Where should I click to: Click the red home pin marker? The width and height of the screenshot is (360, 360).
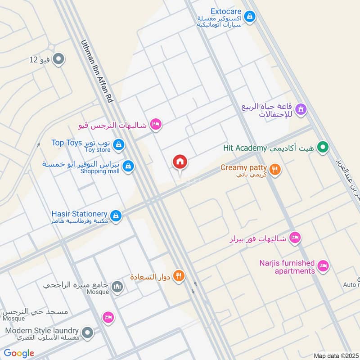pos(180,162)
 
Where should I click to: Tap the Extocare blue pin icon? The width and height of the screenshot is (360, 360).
pos(250,18)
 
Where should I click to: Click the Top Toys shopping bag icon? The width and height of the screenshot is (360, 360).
pos(118,144)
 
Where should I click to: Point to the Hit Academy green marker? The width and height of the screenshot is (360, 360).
pos(322,147)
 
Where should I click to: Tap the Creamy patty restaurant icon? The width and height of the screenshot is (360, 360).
pos(275,169)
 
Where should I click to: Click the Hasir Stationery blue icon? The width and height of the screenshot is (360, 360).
pos(116,216)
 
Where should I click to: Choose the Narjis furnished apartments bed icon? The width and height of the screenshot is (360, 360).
pos(323,266)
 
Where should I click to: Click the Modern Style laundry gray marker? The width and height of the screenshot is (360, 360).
pos(88,333)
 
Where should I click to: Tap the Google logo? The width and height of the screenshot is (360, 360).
pos(19,353)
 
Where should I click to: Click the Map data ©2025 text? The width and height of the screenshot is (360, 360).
pos(336,355)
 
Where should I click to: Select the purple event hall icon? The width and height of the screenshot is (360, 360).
pos(301,108)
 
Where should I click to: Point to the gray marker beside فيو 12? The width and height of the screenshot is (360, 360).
pos(58,59)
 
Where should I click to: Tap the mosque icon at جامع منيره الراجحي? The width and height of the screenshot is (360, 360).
pos(117,286)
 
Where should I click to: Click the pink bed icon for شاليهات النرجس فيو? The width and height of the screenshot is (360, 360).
pos(155,124)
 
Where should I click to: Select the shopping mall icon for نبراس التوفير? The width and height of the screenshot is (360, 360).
pos(129,166)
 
